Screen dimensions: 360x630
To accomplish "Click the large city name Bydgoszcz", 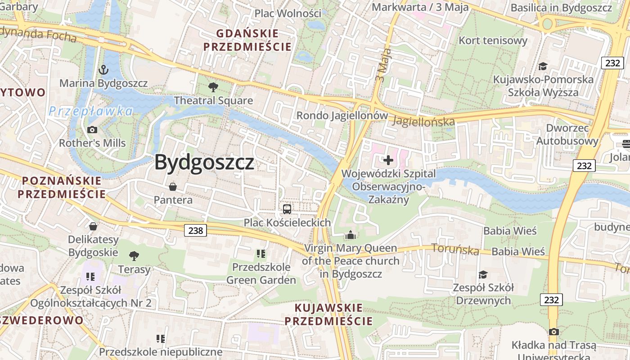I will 204,162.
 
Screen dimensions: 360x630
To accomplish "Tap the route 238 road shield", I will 195,230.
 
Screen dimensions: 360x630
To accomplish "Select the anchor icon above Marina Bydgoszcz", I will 103,70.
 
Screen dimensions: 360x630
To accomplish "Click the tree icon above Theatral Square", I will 213,87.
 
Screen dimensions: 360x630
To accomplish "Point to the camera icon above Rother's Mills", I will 92,130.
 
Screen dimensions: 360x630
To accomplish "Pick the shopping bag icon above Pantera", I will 172,186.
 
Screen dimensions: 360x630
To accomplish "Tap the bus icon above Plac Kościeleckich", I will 287,209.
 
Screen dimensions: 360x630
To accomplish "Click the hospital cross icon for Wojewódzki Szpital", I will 388,160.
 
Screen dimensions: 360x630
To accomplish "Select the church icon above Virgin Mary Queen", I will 350,235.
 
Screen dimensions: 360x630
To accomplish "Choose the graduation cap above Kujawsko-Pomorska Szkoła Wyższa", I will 543,67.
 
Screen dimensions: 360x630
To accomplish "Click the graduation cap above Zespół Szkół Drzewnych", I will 483,274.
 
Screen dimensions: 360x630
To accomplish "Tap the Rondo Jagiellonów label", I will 342,116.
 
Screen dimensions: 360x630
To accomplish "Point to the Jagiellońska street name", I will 423,121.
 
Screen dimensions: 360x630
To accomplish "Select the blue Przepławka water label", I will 91,111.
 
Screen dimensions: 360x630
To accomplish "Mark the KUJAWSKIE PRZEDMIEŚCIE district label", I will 328,315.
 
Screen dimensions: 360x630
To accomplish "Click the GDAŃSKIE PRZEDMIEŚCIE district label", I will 247,40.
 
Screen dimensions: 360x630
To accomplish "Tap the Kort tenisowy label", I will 493,40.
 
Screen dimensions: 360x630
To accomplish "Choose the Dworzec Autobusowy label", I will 567,134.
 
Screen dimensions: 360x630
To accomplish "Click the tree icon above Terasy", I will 134,256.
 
